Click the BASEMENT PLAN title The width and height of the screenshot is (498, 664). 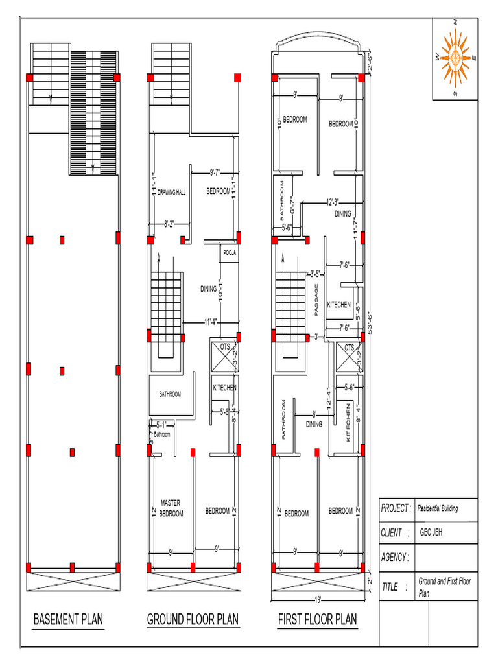[x=68, y=620]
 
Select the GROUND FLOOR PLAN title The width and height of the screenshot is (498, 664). [x=193, y=620]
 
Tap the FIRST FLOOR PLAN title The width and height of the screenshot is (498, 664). [x=318, y=620]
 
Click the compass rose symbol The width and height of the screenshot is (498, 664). [x=455, y=58]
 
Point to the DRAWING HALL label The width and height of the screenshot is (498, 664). [x=171, y=192]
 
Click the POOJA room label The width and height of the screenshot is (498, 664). [x=229, y=252]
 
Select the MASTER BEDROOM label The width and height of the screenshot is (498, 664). [x=171, y=508]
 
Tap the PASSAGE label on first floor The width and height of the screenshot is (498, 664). [x=317, y=300]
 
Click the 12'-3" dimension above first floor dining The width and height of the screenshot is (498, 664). [x=333, y=202]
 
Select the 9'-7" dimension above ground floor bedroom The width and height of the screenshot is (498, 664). [x=215, y=172]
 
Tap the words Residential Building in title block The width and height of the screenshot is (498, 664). [x=438, y=509]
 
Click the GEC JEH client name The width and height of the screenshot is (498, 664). [x=432, y=533]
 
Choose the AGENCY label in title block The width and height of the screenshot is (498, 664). [x=395, y=557]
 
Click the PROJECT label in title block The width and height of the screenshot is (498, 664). [x=395, y=508]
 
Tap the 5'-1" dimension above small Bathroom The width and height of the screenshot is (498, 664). [x=163, y=425]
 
